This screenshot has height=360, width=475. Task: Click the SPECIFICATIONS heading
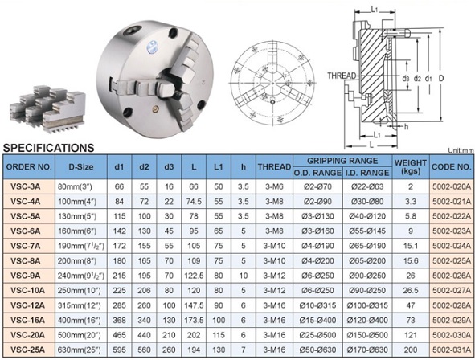(48, 148)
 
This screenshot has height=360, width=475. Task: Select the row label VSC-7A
(26, 246)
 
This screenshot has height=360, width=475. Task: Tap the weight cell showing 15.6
(411, 260)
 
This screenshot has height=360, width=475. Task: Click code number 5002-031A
(452, 350)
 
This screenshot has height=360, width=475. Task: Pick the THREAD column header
(274, 167)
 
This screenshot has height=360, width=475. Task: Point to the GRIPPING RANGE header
(342, 161)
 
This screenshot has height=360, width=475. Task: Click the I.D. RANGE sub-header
(367, 173)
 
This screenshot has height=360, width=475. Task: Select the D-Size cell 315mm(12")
(79, 305)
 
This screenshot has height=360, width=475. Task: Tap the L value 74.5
(194, 202)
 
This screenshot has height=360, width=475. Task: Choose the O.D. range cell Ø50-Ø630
(317, 350)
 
